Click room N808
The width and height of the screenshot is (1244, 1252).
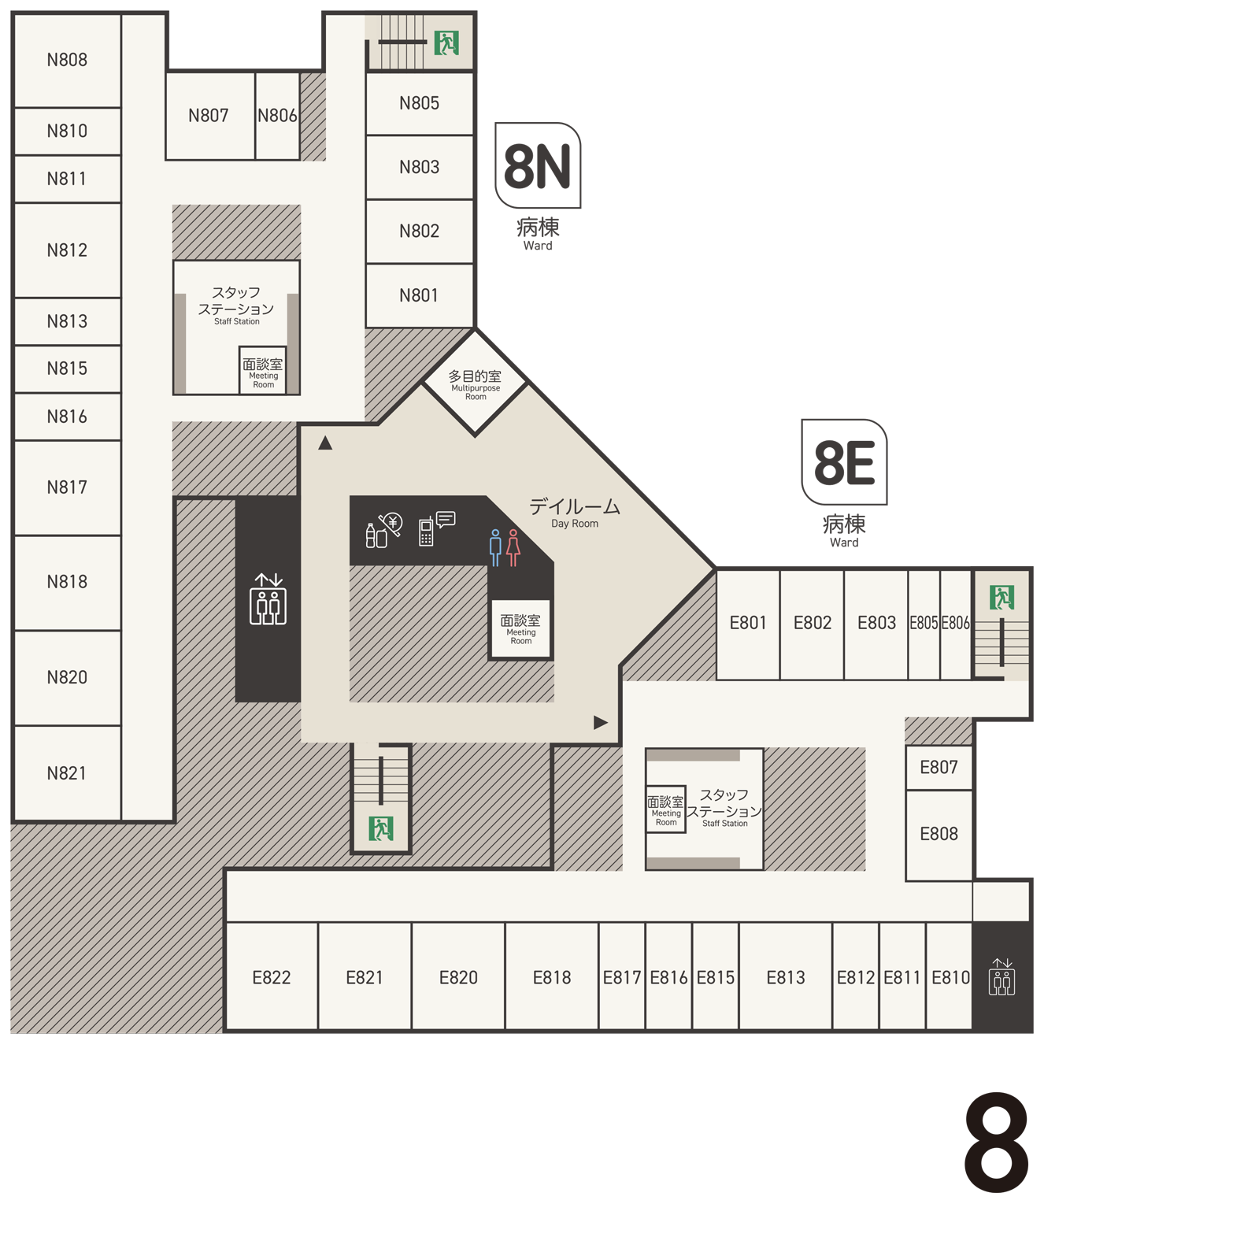68,61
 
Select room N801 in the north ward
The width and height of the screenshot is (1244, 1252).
420,295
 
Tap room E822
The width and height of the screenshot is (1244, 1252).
272,977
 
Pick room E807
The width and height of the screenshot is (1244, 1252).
939,768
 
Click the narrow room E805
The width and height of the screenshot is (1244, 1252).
924,624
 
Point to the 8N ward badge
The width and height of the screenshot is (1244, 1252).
538,165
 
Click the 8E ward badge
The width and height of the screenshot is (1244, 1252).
844,462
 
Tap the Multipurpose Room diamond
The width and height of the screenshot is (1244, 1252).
476,383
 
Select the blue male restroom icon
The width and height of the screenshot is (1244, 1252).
495,547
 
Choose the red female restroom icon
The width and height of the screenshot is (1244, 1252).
513,547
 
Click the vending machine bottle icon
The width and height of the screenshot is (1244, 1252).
376,535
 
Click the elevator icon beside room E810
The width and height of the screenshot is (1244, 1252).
1002,977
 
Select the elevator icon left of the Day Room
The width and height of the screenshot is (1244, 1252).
268,600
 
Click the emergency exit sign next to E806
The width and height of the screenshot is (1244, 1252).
1001,598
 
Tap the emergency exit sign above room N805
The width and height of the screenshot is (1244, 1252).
446,43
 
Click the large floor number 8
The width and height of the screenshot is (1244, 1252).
996,1143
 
